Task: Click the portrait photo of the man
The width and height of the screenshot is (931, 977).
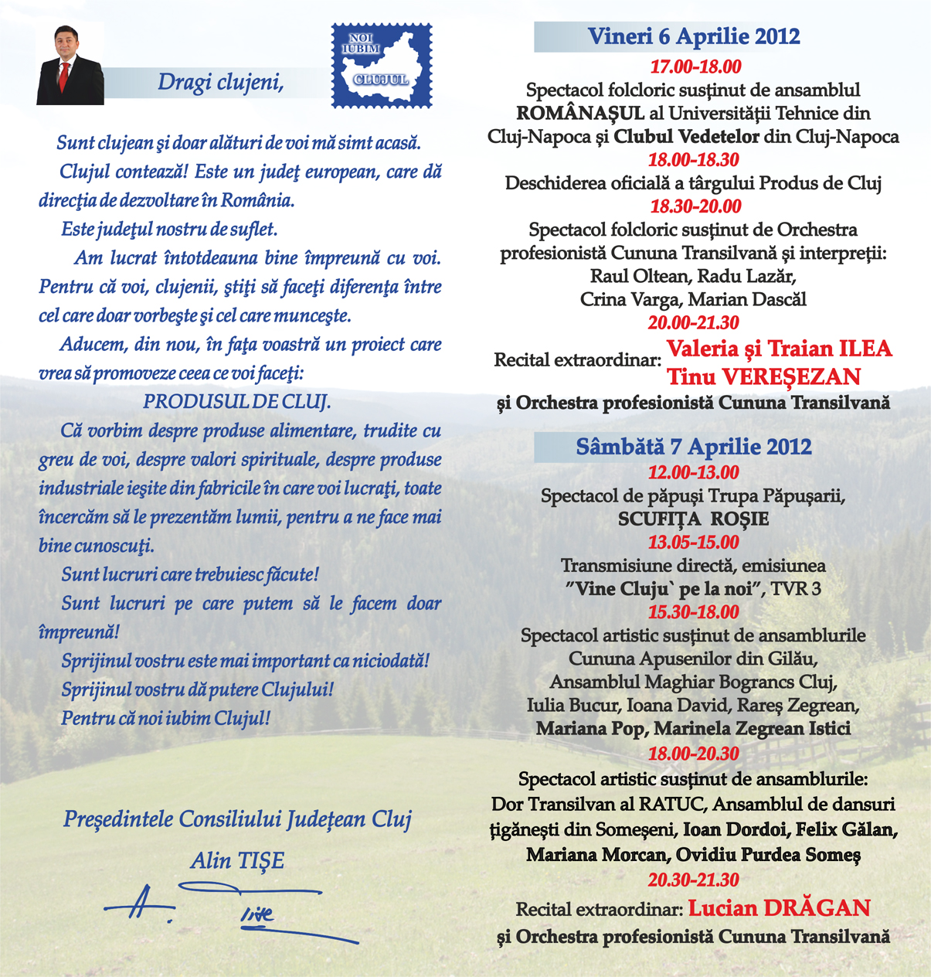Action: tap(70, 65)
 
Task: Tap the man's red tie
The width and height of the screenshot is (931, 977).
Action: tap(65, 77)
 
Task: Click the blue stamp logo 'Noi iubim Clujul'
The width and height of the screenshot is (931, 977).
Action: tap(382, 66)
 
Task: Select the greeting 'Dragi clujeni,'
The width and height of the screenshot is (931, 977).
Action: tap(220, 82)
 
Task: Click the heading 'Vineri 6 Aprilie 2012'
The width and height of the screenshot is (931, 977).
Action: tap(693, 36)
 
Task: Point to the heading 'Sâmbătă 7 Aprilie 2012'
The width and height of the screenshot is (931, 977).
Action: tap(693, 447)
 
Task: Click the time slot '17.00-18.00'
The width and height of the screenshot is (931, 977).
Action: tap(695, 66)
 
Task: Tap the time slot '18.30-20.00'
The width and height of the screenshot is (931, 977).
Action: tap(695, 206)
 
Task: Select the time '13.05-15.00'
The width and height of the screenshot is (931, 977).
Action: tap(693, 542)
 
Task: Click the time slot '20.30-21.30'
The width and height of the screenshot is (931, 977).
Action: tap(693, 880)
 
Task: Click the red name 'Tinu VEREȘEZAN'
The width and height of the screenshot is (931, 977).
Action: tap(763, 377)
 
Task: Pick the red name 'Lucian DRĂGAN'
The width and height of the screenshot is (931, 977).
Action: tap(779, 907)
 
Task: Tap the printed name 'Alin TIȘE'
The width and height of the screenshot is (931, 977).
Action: tap(237, 860)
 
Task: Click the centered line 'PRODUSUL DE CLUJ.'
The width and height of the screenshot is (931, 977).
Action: tap(237, 402)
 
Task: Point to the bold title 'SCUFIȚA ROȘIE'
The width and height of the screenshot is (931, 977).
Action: tap(693, 519)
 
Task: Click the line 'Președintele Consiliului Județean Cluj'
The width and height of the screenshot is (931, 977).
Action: tap(237, 819)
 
